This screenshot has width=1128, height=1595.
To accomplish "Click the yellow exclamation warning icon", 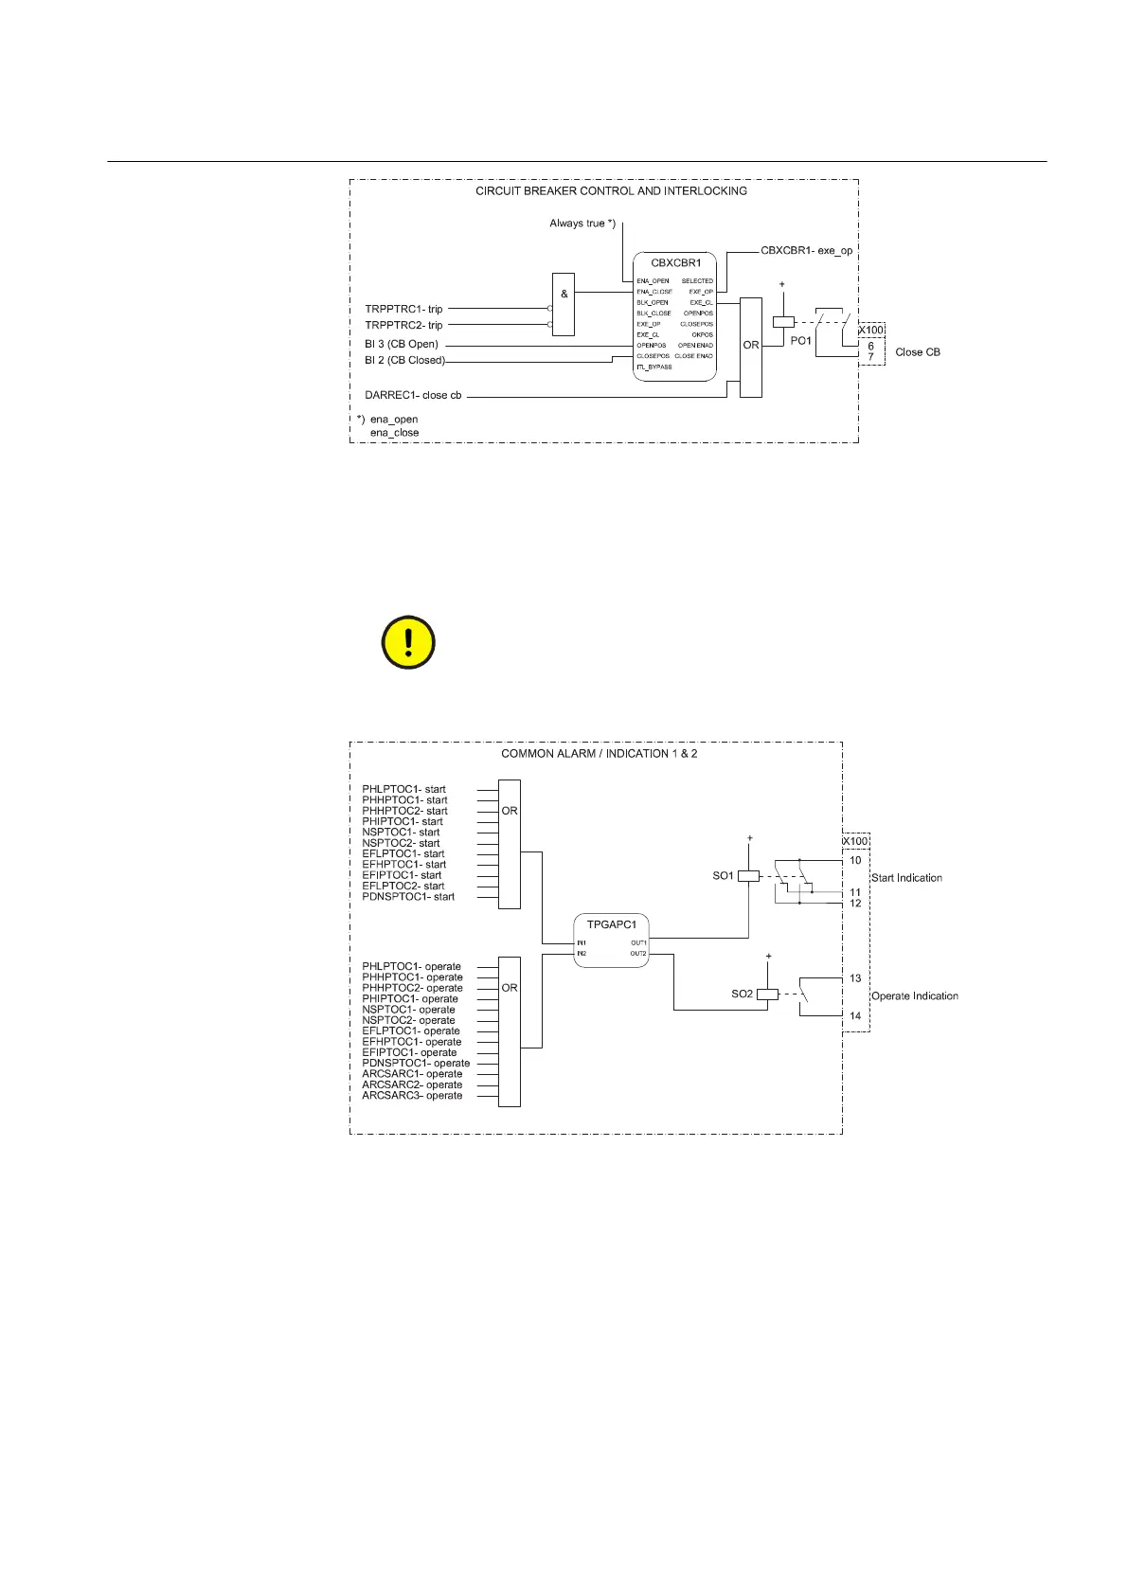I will tap(408, 642).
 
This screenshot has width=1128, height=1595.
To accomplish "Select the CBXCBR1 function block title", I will tap(676, 262).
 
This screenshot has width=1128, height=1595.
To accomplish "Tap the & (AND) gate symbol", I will tap(564, 294).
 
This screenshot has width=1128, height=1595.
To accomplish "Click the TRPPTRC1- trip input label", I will tap(403, 309).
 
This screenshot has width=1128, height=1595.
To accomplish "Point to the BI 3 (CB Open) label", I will tap(402, 344).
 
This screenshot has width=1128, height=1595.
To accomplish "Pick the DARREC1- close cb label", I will tap(413, 395).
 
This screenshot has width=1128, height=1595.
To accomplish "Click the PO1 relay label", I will tap(801, 340).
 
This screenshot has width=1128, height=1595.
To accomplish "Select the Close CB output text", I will tap(918, 351).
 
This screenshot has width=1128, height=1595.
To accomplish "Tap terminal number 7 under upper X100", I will tap(871, 357).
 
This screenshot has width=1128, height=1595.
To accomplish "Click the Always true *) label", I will tap(582, 224).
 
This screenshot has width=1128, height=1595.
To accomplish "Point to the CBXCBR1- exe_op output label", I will tap(806, 251).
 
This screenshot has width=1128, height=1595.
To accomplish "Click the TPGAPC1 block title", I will tap(612, 923).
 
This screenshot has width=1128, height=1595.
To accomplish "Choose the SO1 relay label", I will tap(723, 876).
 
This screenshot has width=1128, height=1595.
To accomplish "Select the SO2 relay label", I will tap(742, 994).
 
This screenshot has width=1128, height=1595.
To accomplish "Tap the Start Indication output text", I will tap(906, 878).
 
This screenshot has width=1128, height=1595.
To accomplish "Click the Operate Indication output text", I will tap(914, 995).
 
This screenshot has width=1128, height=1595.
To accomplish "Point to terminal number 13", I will tap(855, 978).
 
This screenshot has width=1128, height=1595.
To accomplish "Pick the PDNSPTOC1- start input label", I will tap(408, 897).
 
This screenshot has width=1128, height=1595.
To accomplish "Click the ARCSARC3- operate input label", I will tap(412, 1096).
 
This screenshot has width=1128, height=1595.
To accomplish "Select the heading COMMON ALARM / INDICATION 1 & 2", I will tap(599, 754).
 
